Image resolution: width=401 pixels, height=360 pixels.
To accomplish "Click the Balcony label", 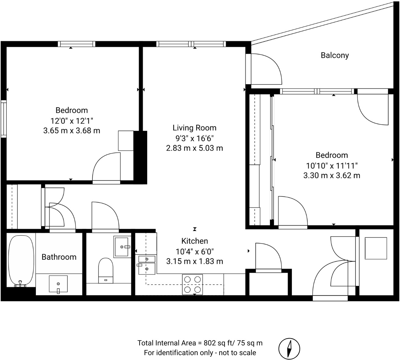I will [335, 55].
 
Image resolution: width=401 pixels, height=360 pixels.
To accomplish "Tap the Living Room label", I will [195, 128].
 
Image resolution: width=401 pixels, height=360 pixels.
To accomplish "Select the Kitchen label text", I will [195, 241].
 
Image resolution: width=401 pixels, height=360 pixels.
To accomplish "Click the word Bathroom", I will [59, 257].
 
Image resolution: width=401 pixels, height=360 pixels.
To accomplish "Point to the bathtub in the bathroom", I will [21, 261].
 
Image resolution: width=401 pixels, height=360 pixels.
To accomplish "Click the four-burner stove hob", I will [192, 284].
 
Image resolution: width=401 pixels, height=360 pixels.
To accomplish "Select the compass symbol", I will [289, 348].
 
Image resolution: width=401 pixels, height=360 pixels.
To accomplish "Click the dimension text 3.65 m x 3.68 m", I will [72, 131].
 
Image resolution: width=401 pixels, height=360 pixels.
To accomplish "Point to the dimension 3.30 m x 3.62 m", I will [332, 175].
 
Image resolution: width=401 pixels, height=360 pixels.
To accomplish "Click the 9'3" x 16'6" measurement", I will [195, 138].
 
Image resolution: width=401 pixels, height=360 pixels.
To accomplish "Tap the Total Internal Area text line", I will [200, 343].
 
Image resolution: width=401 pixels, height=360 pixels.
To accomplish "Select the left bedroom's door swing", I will [106, 167].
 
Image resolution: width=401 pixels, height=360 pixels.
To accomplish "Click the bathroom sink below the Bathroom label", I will [58, 284].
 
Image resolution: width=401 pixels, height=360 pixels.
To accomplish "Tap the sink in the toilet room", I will [123, 247].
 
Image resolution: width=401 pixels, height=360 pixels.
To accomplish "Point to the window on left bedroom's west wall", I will [3, 119].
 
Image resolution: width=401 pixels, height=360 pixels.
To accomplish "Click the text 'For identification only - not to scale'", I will [200, 353].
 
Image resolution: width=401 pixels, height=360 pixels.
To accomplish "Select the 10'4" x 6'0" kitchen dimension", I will [195, 251].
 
